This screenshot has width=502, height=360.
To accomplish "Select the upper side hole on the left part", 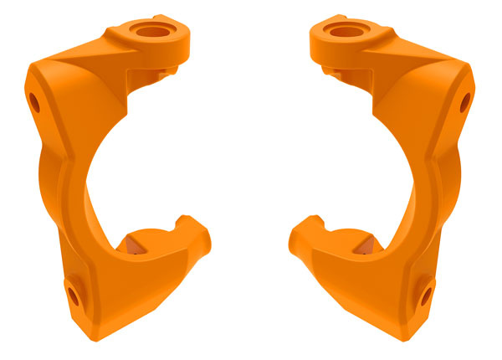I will click(x=34, y=103).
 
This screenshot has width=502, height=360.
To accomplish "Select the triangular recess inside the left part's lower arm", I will click(x=131, y=244).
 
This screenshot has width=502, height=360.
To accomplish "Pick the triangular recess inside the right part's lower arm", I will click(x=369, y=244).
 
